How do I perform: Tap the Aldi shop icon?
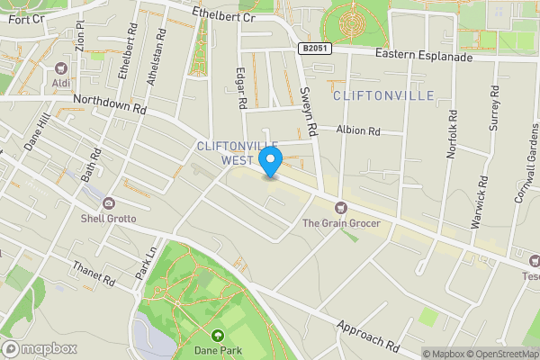point(62,68)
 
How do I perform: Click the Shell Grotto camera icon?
point(108,203)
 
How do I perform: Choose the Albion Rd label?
point(358,130)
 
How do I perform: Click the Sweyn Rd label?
point(309,111)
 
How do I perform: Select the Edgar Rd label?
point(241,88)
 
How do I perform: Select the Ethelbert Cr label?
point(224,15)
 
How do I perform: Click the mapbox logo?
point(39,348)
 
